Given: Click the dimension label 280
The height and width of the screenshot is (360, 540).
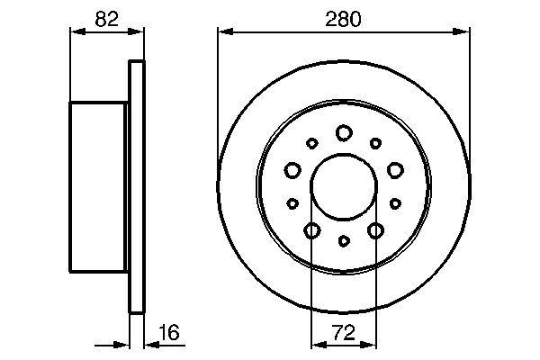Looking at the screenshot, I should (x=344, y=19).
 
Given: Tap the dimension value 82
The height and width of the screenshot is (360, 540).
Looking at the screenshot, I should (x=106, y=19).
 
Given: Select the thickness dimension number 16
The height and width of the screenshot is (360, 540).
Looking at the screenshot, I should (x=168, y=332).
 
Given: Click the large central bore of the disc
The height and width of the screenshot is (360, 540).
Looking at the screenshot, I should (x=343, y=187).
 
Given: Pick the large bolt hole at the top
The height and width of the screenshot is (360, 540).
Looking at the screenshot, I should (x=343, y=132).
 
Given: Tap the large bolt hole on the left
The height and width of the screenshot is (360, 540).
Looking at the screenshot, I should (x=292, y=169).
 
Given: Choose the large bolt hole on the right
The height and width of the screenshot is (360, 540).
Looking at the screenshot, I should (x=395, y=169).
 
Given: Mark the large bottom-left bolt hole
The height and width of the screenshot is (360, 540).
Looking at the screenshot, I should (x=311, y=230).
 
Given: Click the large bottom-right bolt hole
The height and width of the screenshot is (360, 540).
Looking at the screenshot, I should (x=375, y=230).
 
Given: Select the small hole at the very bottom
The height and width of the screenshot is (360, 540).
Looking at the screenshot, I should (x=344, y=240).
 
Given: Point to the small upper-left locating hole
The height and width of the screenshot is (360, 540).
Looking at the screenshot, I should (x=312, y=142).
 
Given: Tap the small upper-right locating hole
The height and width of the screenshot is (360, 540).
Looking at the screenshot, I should (x=374, y=142).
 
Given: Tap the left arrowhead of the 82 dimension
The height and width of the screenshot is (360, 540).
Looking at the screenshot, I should (x=76, y=32).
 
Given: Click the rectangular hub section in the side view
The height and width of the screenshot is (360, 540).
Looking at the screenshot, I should (x=98, y=187).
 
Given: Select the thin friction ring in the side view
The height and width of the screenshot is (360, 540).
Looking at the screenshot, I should (x=137, y=187).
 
